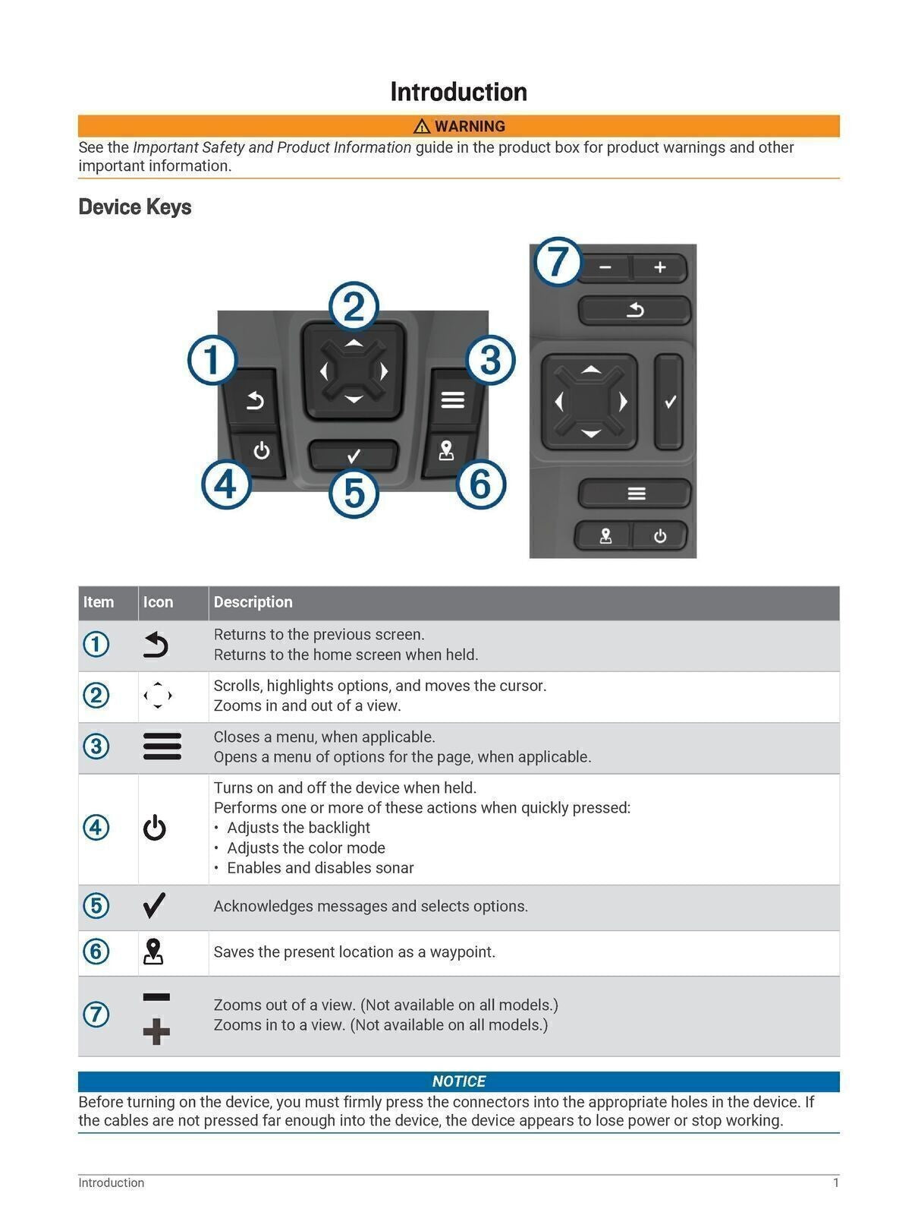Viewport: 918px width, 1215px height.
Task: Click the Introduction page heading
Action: coord(458,92)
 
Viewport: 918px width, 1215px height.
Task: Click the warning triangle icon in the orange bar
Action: coord(422,126)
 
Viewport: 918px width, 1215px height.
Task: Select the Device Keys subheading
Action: coord(134,207)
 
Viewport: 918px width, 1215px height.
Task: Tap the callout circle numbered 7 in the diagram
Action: coord(558,262)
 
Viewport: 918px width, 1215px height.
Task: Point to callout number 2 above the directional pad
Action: coord(354,307)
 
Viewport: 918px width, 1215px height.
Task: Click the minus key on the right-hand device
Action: coord(605,267)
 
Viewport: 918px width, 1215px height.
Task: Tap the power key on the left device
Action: coord(261,451)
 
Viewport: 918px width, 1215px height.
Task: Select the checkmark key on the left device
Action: coord(354,456)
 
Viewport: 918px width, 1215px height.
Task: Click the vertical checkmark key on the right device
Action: coord(669,402)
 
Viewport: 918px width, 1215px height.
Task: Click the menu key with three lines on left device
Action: coord(453,399)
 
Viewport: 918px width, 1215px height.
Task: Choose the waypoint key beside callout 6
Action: coord(446,451)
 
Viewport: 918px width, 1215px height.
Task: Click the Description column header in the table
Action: coord(253,602)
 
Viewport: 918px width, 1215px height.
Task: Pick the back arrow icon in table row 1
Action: coord(156,645)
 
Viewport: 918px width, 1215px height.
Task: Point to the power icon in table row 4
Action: coord(155,828)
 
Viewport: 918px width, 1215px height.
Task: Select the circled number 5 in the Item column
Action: coord(96,906)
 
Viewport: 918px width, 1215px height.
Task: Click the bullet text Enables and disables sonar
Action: coord(320,868)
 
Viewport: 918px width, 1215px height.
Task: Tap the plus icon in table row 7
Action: coord(156,1032)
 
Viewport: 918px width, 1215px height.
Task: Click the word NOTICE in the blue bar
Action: coord(458,1081)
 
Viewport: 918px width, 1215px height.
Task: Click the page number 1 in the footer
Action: coord(835,1182)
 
